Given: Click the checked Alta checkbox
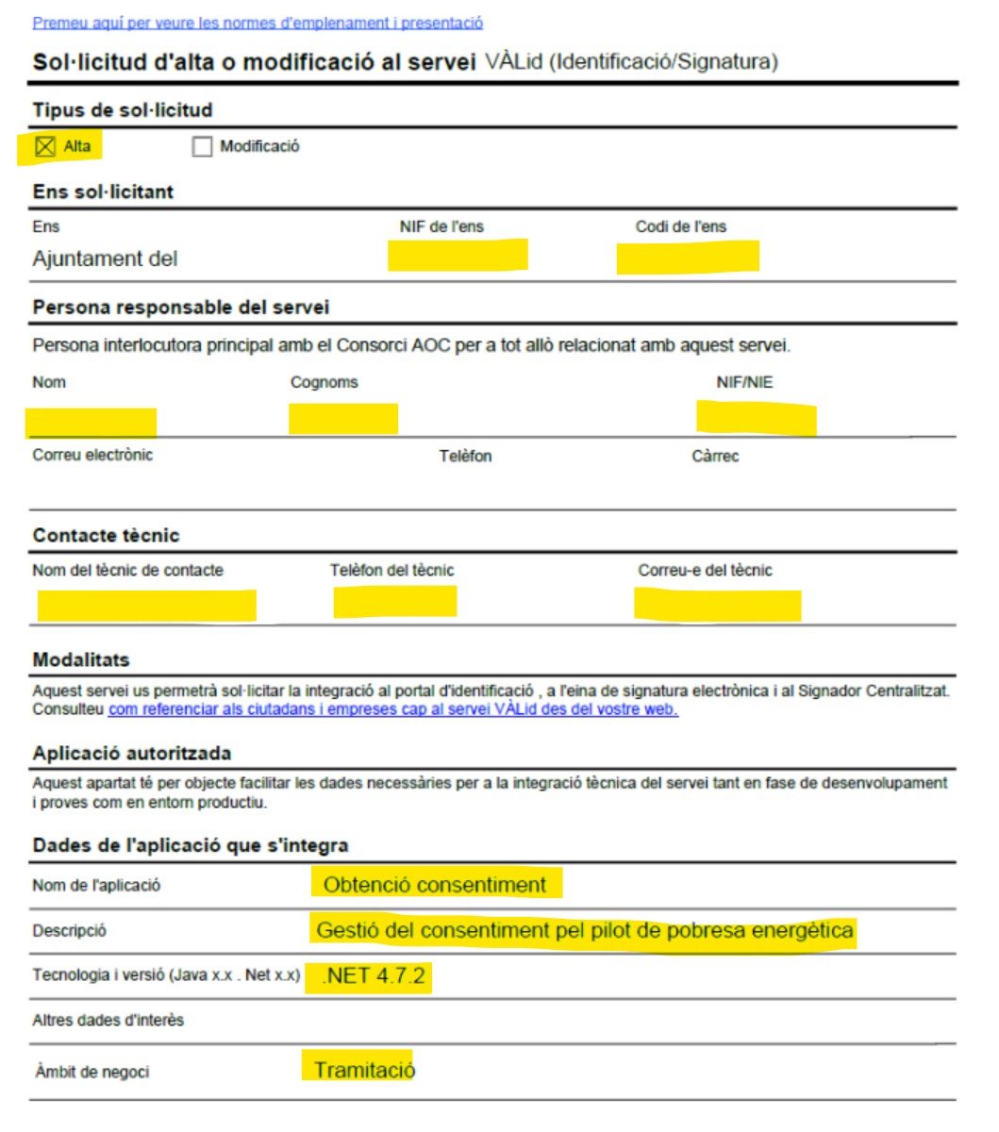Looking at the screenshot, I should tap(45, 146).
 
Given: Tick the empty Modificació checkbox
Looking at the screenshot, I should tap(202, 147).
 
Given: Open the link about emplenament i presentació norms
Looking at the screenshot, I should tap(258, 23).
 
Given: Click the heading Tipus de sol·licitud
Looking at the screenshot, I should tap(123, 110).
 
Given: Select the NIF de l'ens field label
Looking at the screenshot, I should tap(441, 226).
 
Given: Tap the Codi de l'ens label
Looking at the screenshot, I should tap(681, 226).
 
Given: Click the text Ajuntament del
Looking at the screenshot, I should tap(105, 258).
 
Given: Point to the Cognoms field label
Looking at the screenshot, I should tap(325, 382).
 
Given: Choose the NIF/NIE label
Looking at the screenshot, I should tap(744, 382).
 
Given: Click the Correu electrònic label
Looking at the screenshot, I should tap(92, 455).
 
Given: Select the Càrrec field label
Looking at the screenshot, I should tap(715, 456).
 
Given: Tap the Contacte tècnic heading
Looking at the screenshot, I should tap(106, 535).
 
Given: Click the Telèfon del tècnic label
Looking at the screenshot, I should tap(391, 570).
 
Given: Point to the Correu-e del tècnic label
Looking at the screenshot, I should tap(705, 570).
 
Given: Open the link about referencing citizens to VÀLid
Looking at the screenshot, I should tap(392, 709).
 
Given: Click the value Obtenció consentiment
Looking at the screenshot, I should tap(435, 885).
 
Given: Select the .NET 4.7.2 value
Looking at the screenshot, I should tap(374, 975).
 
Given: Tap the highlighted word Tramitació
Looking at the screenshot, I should tap(364, 1070).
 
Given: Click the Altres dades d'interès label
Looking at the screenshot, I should tap(108, 1020).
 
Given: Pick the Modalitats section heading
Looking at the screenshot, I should tap(81, 659).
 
